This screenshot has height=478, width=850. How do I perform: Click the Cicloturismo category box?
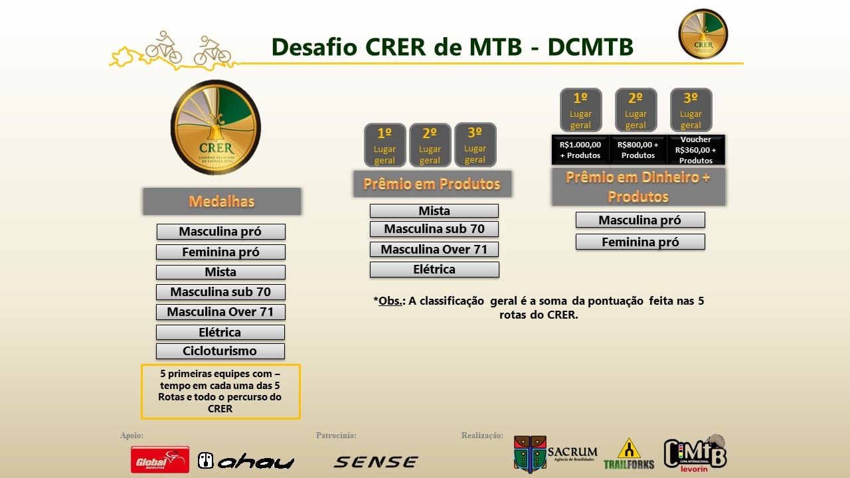coord(220,351)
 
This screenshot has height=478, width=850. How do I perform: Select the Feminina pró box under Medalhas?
coord(220,252)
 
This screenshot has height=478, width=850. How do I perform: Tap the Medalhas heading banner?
coord(222,201)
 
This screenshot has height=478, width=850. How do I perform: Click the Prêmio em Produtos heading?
coord(432,184)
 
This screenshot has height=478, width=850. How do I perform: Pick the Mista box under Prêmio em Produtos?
coord(434,211)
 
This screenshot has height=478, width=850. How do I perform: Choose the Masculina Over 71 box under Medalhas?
coord(220,312)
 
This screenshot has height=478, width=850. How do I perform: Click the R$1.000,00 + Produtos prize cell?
coord(580,150)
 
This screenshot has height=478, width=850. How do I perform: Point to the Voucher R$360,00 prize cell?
coord(696,150)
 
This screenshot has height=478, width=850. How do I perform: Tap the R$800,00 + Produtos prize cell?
coord(638,150)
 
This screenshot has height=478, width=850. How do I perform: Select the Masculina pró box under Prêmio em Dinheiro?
coord(640,220)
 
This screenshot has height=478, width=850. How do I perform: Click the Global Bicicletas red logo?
coord(160,460)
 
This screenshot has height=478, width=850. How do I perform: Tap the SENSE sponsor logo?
coord(376,461)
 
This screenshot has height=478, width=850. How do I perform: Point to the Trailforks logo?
coord(629,454)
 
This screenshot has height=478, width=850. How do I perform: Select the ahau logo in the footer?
coord(246,461)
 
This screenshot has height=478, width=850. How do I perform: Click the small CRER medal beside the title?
coord(703,34)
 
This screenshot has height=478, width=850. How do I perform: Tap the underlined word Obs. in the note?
coord(390,301)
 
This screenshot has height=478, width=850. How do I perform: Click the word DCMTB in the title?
coord(590,47)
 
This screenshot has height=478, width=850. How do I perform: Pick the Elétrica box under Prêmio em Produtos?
coord(434,270)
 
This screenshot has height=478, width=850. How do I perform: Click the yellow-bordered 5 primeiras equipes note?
coord(220,392)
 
